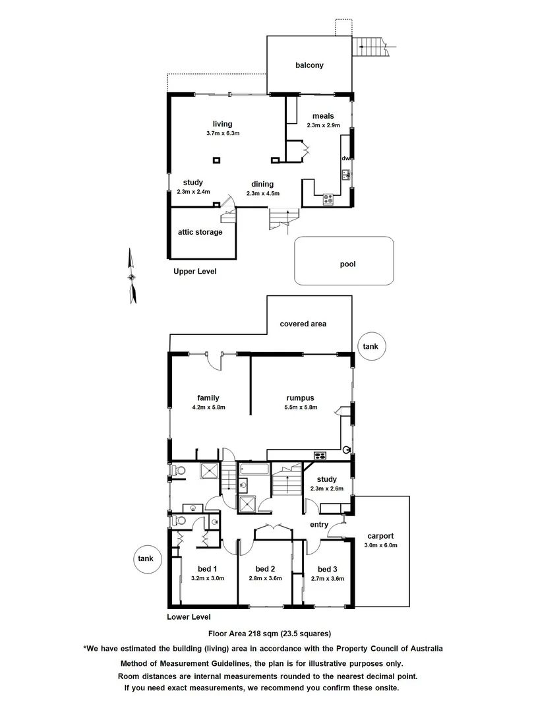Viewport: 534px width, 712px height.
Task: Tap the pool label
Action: (347, 264)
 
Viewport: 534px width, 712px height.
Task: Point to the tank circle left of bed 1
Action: (146, 559)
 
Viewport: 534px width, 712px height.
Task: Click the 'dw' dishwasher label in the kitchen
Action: (345, 158)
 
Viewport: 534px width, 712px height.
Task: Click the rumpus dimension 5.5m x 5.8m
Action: (302, 407)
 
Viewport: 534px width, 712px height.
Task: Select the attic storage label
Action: (200, 232)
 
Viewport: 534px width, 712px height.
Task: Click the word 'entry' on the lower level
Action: (319, 525)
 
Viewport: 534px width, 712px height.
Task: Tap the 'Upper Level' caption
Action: (194, 272)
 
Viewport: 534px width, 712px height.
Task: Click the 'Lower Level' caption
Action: (189, 618)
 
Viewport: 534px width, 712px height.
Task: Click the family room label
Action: (208, 398)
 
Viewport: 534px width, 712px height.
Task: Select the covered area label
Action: (303, 324)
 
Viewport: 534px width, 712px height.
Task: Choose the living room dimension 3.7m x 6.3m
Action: (222, 133)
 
